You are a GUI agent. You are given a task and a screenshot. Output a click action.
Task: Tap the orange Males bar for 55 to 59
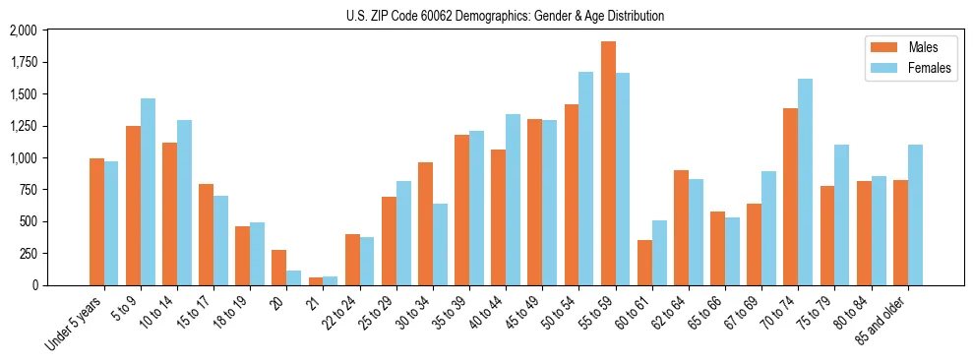coord(608,163)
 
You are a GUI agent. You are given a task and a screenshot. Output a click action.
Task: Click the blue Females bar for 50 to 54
coord(585,178)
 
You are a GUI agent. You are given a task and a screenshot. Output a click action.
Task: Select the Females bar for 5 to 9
coord(148,192)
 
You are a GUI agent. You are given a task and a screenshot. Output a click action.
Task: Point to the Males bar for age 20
coord(279,268)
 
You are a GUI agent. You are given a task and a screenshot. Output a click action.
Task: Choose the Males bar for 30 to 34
coord(425,223)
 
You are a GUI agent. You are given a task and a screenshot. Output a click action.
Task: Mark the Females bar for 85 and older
coord(915,214)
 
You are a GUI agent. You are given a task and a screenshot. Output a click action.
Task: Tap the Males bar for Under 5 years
coord(96,221)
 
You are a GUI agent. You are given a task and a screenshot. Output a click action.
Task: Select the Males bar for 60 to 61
coord(644,263)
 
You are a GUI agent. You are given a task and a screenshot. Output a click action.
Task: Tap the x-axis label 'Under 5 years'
coord(75,324)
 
